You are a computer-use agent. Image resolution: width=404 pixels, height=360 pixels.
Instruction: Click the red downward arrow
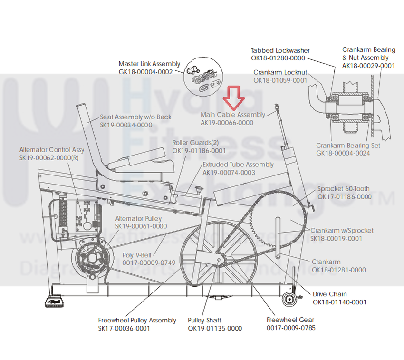click(x=234, y=97)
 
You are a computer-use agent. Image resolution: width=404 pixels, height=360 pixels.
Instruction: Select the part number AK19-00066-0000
click(x=227, y=123)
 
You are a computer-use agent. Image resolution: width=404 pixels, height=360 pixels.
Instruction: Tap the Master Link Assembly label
click(x=149, y=64)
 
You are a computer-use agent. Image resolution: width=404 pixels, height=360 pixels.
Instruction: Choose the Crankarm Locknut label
click(x=280, y=72)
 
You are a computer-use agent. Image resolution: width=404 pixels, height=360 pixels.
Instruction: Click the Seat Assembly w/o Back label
click(x=135, y=117)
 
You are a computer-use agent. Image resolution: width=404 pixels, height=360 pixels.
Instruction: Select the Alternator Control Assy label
click(x=52, y=150)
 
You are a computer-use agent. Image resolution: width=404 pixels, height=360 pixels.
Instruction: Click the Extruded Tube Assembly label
click(x=238, y=165)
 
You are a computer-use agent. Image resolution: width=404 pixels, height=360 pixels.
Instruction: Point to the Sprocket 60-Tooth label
click(x=343, y=189)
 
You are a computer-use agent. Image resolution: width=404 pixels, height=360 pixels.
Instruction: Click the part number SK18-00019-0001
click(x=336, y=238)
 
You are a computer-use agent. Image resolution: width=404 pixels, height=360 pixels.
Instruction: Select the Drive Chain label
click(x=329, y=294)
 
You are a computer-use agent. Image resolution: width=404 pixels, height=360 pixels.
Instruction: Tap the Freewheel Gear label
click(x=290, y=320)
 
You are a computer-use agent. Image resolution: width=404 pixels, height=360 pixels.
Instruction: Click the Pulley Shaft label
click(x=204, y=320)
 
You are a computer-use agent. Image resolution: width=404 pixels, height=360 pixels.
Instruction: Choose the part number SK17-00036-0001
click(x=124, y=328)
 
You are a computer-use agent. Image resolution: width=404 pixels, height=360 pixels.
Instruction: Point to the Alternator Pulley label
click(x=141, y=218)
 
